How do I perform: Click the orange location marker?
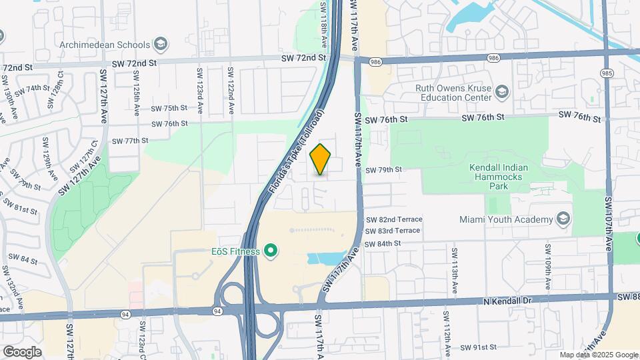(321, 159)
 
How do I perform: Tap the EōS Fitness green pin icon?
(270, 251)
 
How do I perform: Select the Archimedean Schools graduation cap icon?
(160, 45)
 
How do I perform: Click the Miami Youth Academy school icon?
(563, 219)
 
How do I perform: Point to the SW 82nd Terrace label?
(394, 219)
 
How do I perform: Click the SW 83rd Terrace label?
(393, 231)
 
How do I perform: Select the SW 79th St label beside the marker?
(384, 170)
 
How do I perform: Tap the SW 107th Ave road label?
(608, 223)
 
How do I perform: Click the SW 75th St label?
(169, 108)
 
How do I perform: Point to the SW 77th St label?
(130, 141)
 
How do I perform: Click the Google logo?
(22, 351)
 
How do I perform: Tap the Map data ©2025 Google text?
(598, 355)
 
